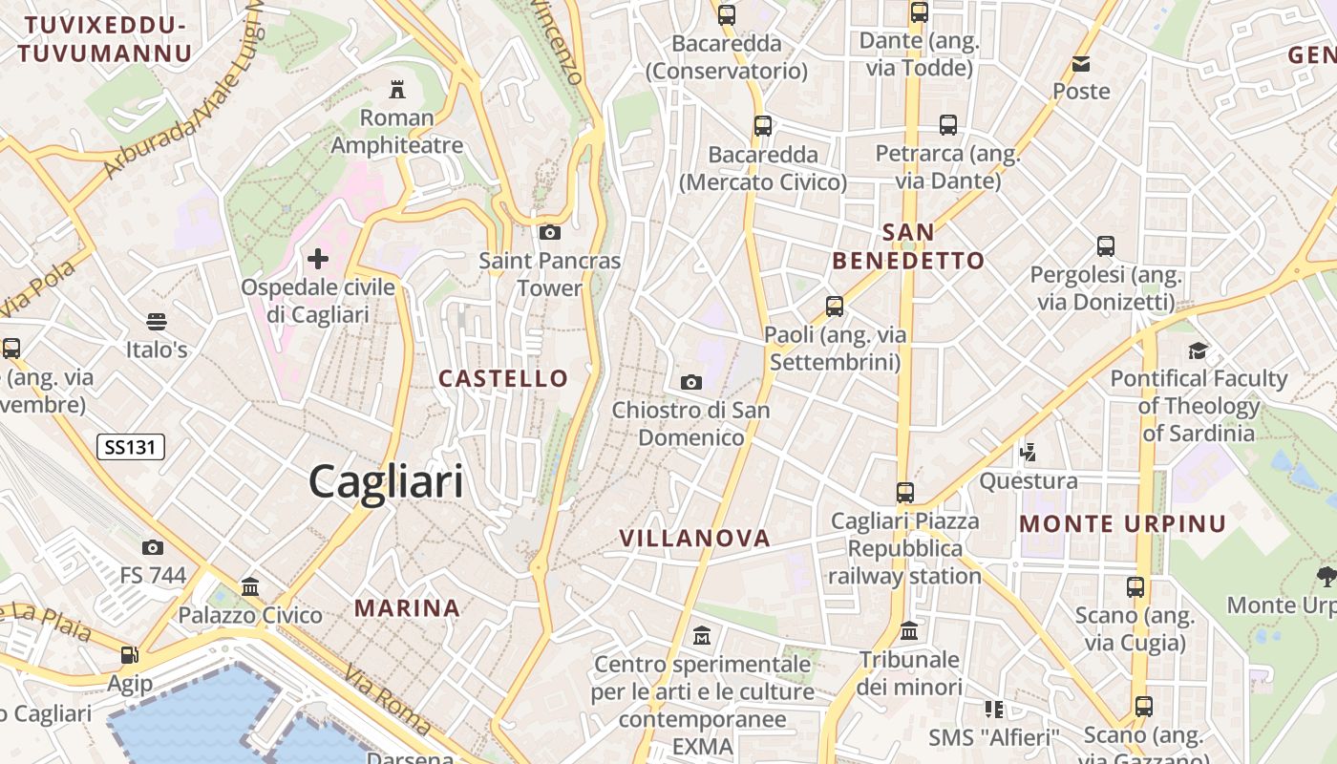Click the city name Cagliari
386,481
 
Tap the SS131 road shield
131,446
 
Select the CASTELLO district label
503,378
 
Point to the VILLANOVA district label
695,538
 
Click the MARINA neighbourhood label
408,607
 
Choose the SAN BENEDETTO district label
908,246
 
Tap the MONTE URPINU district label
1123,523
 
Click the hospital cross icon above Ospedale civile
318,258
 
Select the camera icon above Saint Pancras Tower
549,232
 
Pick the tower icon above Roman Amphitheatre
396,91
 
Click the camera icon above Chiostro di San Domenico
691,382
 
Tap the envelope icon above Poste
1081,64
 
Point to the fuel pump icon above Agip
129,655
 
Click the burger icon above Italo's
157,321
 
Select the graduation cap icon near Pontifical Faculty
1198,350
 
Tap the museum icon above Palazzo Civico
250,586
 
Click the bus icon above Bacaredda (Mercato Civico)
762,126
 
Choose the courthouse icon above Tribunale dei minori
909,631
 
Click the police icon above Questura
1029,452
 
